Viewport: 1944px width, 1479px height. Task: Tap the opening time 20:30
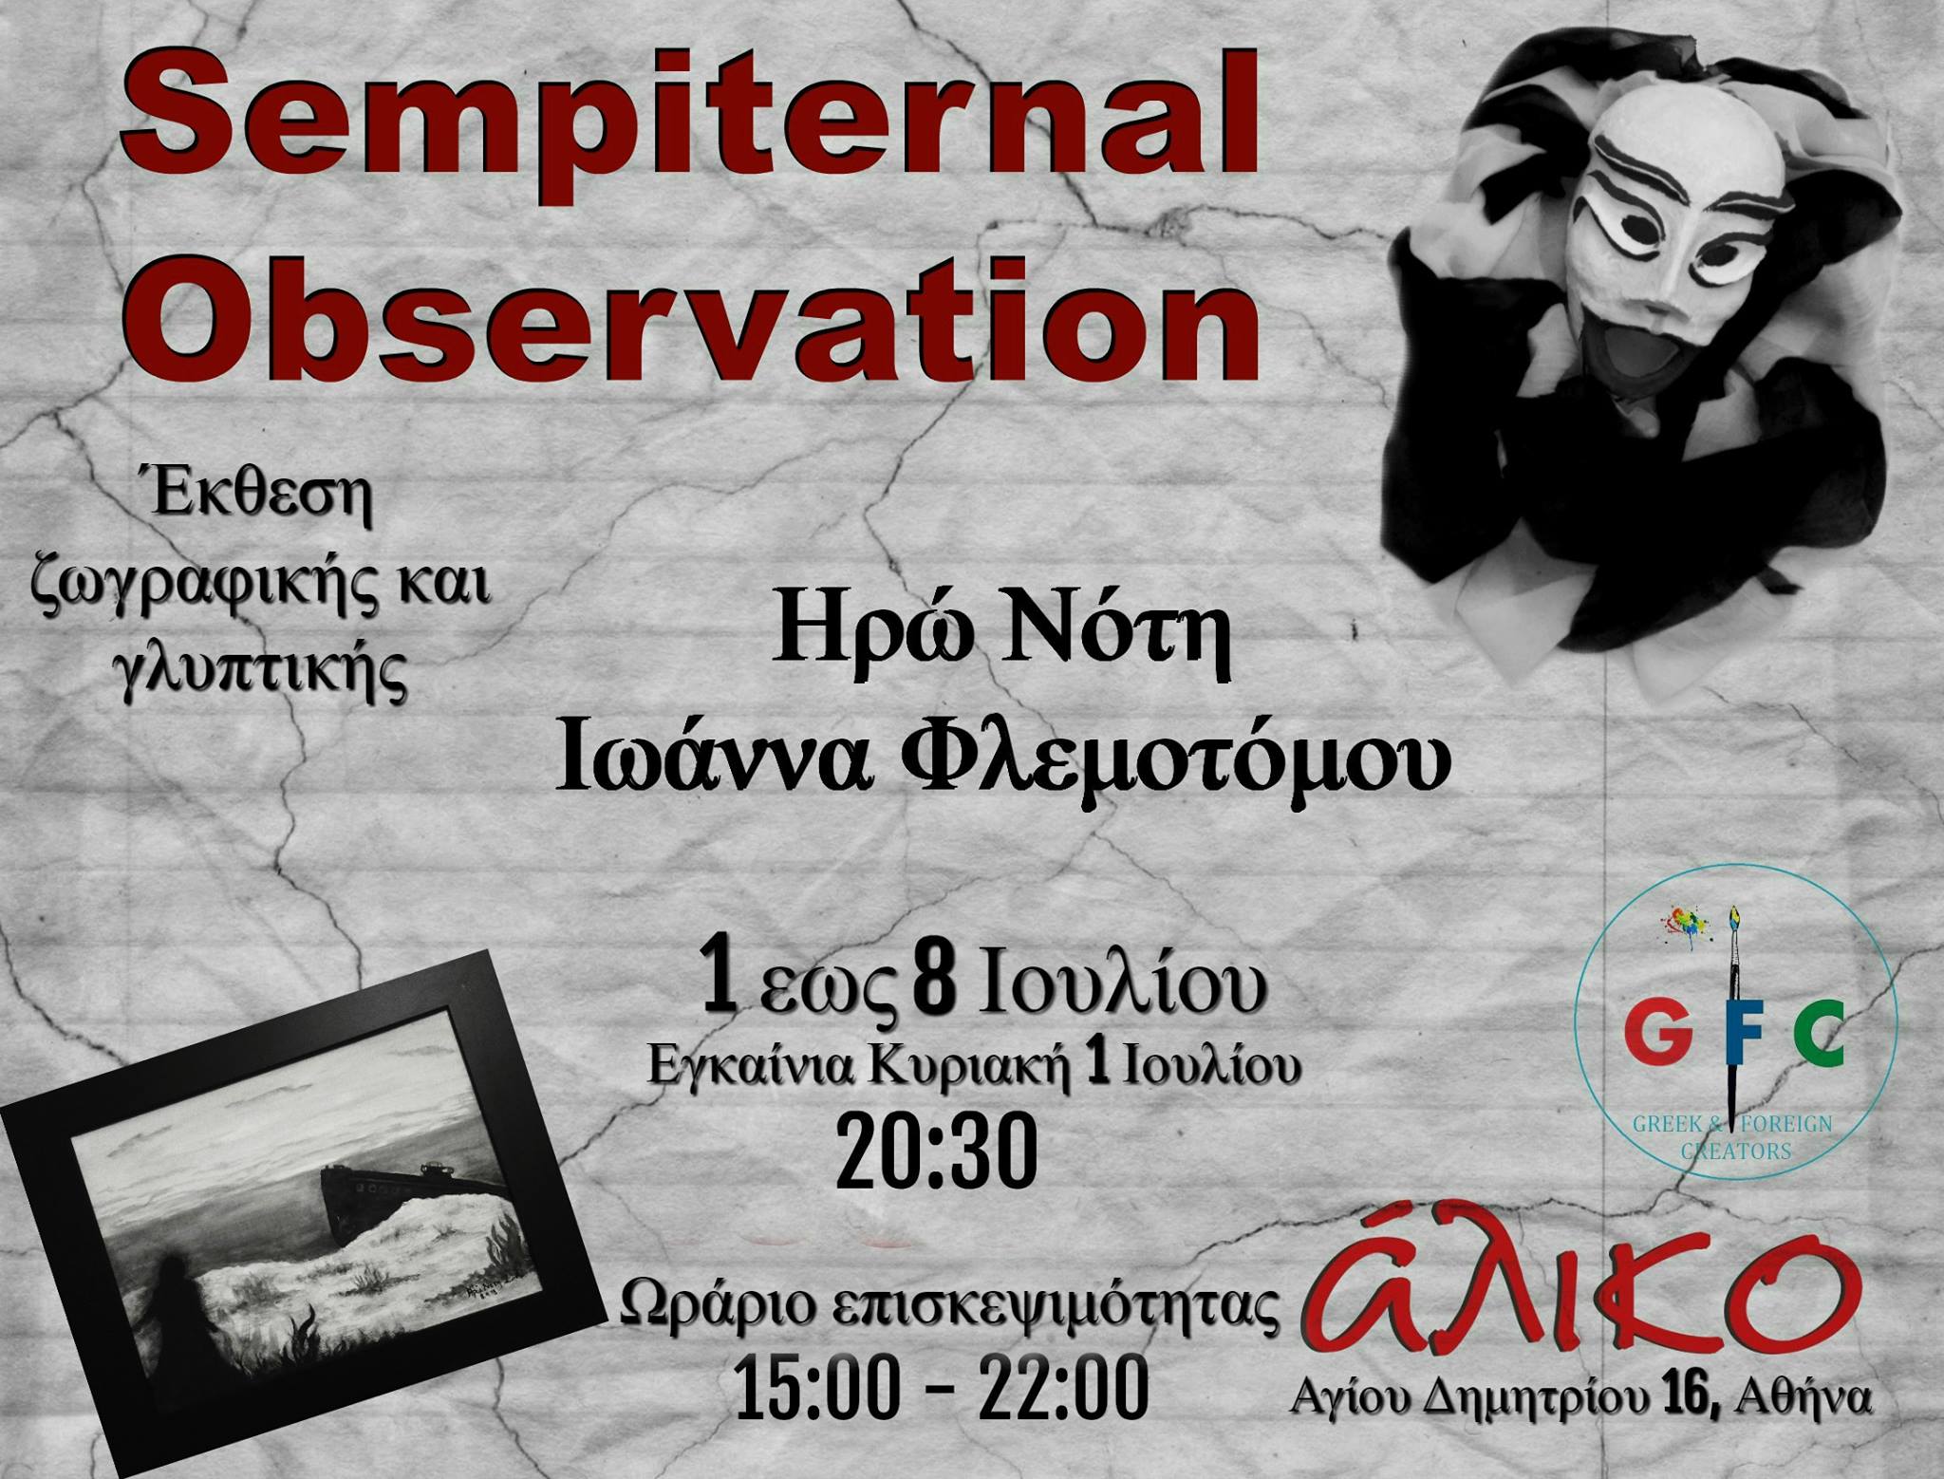936,1151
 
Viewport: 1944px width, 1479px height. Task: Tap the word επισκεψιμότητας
1054,1307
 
